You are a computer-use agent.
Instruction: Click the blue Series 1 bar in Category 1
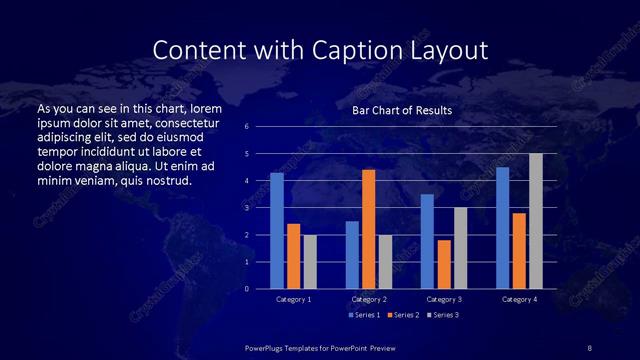(277, 231)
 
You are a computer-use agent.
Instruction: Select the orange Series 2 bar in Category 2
(368, 229)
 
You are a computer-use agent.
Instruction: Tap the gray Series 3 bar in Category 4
(536, 221)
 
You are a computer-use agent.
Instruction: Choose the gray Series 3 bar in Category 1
(310, 262)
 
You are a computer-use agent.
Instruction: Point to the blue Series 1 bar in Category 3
(427, 241)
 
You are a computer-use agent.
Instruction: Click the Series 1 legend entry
(362, 315)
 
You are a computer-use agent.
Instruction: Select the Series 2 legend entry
(402, 315)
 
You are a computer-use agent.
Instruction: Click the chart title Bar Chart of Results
(402, 110)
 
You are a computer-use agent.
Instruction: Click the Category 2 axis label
(369, 299)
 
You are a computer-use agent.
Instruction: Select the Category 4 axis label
(519, 299)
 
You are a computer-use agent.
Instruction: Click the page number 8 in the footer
(589, 347)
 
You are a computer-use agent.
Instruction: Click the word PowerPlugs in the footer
(267, 347)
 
